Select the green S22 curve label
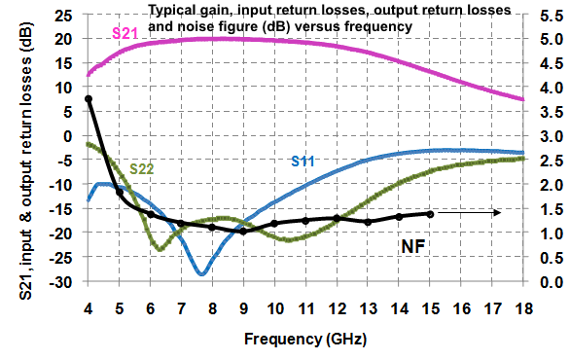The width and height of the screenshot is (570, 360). (142, 169)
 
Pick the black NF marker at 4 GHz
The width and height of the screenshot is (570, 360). (89, 98)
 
